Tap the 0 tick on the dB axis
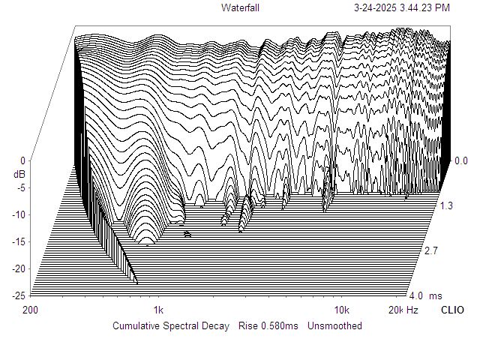tap(23, 160)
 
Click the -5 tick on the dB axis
tap(22, 187)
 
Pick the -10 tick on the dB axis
tap(19, 214)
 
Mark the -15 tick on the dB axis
tap(19, 241)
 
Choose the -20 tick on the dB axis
tap(19, 268)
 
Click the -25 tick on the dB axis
tap(19, 295)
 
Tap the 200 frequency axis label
tap(31, 310)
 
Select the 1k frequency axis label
tap(158, 310)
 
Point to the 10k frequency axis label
tap(342, 310)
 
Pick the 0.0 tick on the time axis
tap(461, 160)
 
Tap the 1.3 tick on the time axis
tap(446, 205)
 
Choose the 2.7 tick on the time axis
tap(431, 250)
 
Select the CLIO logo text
tap(452, 310)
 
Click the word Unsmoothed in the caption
tap(334, 325)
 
